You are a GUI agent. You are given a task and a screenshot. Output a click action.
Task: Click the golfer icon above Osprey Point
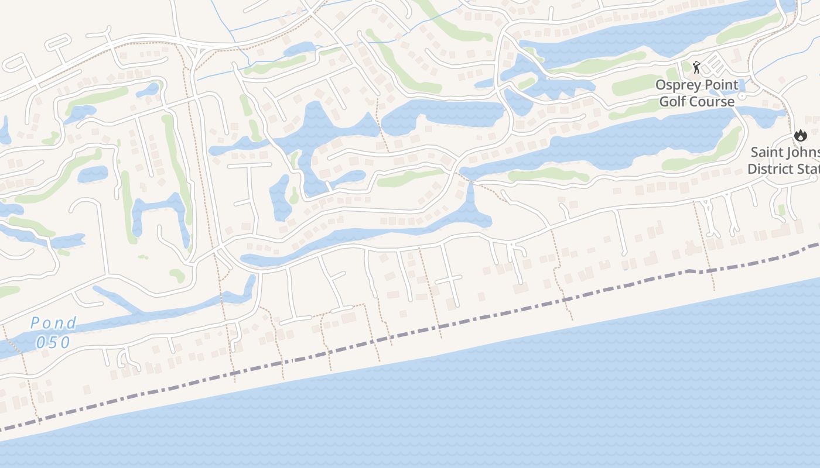point(696,67)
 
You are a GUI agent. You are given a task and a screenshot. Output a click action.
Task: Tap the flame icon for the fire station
point(800,136)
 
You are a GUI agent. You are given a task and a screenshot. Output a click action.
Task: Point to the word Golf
point(672,102)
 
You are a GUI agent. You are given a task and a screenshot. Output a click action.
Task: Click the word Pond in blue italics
point(53,323)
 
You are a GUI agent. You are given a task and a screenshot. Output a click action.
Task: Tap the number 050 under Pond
point(53,342)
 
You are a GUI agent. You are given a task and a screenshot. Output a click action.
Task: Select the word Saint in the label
point(767,152)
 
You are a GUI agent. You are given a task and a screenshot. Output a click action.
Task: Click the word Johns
point(803,152)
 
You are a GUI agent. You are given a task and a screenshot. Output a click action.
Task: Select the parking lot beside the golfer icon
point(716,63)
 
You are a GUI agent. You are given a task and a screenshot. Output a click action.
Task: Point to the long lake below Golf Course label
point(615,146)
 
